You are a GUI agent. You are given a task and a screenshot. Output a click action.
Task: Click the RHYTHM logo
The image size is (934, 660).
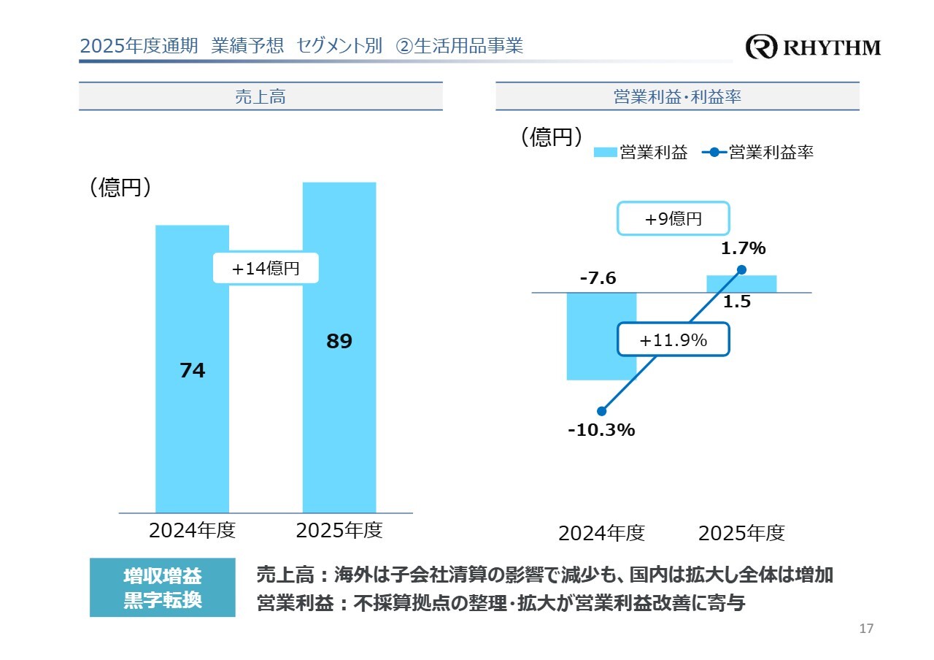(813, 47)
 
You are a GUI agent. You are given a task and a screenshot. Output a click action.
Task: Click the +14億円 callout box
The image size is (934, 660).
(266, 269)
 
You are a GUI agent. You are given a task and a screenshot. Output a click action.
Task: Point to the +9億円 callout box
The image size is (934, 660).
(674, 218)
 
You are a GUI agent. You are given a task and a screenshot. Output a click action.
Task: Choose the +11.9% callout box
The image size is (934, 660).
(673, 339)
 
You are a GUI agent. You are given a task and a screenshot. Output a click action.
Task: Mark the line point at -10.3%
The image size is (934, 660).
(602, 411)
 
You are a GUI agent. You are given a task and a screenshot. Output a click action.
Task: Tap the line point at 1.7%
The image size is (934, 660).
(742, 269)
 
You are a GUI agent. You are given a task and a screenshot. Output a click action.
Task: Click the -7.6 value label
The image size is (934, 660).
(598, 278)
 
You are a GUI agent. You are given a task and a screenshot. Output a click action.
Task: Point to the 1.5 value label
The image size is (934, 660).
(737, 302)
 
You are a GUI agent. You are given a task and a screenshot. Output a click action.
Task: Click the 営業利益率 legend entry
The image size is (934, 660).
(759, 153)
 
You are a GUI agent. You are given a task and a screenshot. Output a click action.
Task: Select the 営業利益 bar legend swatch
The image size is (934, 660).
(606, 153)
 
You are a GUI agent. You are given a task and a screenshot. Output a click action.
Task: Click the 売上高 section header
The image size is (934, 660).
(260, 96)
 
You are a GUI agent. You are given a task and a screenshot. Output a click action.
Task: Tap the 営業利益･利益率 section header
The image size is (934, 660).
(677, 96)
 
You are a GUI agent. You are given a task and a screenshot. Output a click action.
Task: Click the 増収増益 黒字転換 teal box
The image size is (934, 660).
(163, 588)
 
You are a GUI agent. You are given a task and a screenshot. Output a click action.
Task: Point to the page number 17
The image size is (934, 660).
(867, 629)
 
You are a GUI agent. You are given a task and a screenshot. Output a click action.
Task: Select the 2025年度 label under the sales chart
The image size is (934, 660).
(339, 530)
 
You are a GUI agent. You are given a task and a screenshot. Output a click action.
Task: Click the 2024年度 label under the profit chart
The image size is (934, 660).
(601, 533)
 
